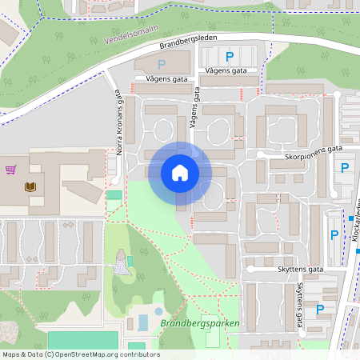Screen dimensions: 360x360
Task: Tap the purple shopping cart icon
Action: click(x=11, y=170)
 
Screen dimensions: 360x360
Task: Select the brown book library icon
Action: click(x=30, y=186)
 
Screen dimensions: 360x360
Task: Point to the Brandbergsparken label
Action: click(x=199, y=323)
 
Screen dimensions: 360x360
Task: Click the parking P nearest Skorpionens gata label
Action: click(x=345, y=167)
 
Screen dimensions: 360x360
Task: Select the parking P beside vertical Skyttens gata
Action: click(x=321, y=309)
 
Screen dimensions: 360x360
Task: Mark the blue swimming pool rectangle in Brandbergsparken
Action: click(x=143, y=322)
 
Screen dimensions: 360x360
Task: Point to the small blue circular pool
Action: click(x=158, y=311)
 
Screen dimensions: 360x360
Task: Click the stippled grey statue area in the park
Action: click(x=121, y=265)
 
